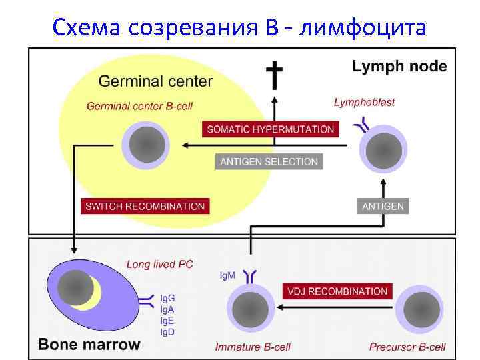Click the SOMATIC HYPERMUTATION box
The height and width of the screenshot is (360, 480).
[271, 129]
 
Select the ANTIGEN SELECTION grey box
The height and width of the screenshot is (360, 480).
[269, 161]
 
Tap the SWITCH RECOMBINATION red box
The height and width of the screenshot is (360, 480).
[145, 206]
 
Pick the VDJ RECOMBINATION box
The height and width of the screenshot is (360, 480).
[338, 291]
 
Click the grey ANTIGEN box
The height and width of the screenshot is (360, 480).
[383, 206]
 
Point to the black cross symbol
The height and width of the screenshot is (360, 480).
[273, 75]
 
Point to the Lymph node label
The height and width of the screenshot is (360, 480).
[399, 66]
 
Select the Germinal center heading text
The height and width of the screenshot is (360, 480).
[155, 82]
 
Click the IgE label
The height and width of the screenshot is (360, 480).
[168, 320]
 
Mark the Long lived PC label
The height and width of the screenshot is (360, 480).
[160, 264]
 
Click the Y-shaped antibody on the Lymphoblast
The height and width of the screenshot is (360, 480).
[365, 123]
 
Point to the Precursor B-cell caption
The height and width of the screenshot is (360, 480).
[407, 347]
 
